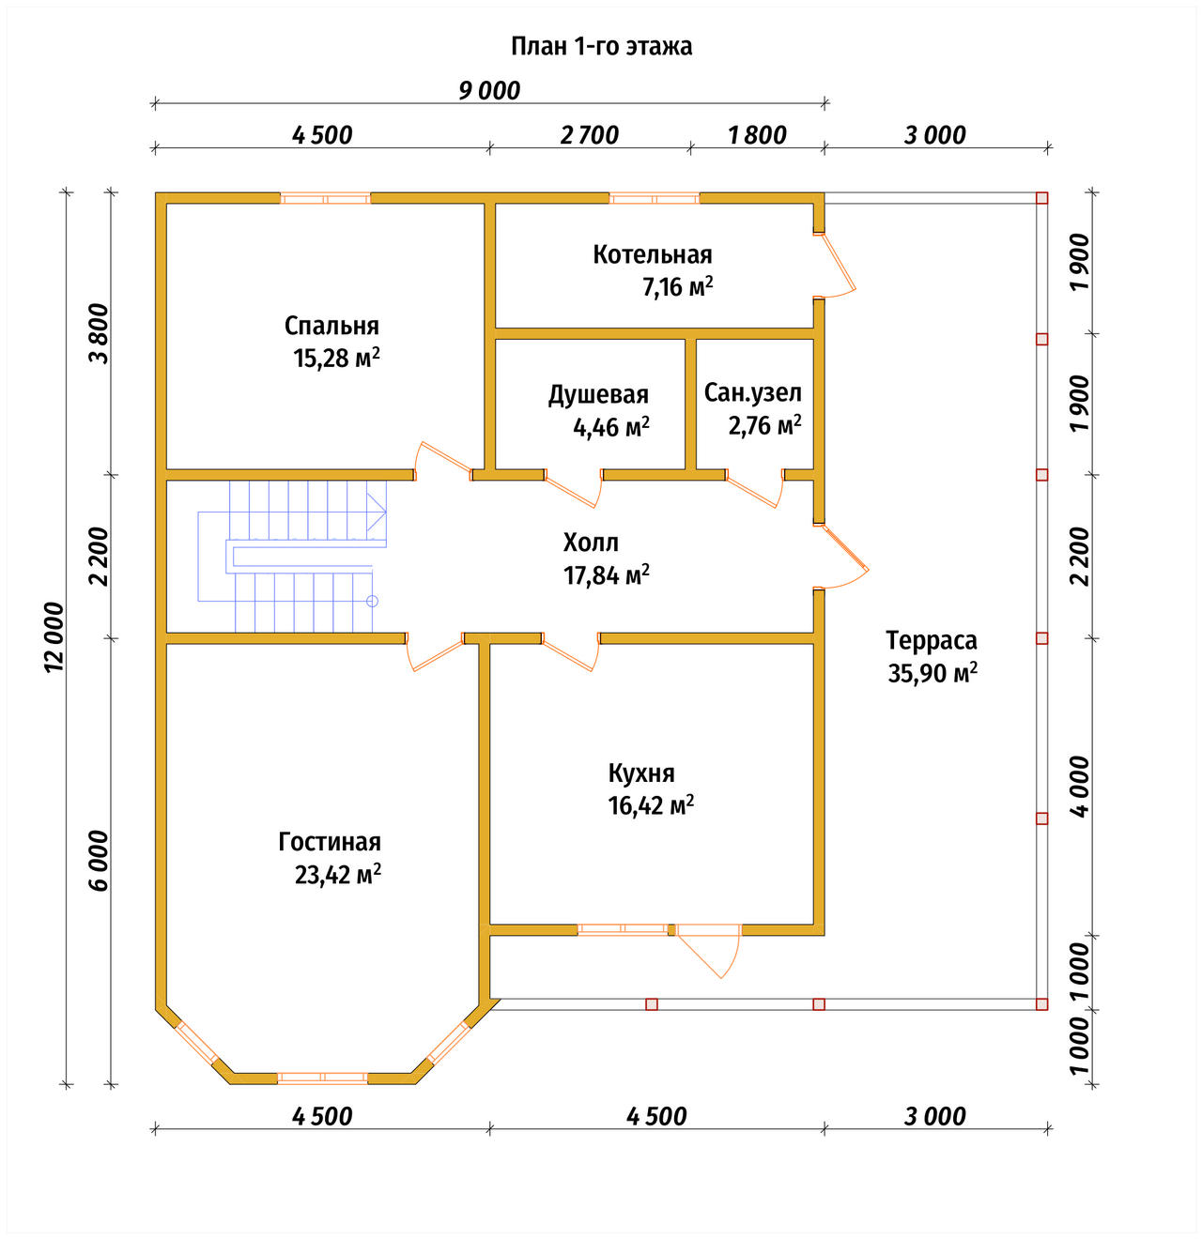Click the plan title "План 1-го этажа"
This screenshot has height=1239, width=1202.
pos(601,47)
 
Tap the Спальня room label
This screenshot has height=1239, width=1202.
pos(331,326)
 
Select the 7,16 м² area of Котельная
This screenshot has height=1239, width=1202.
pos(677,287)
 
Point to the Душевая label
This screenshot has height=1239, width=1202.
pos(598,395)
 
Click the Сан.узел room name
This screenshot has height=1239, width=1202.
pos(752,393)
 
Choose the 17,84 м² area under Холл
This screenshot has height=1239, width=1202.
pos(606,575)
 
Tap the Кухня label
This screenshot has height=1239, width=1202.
pos(640,773)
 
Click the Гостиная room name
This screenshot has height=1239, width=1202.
pos(330,842)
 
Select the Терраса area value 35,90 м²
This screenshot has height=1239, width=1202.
pos(932,673)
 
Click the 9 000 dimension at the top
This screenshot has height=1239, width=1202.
pos(489,91)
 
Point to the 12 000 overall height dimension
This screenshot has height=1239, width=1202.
pos(54,636)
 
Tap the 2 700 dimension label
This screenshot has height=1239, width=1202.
pos(589,135)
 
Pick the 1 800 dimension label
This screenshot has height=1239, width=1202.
pos(757,135)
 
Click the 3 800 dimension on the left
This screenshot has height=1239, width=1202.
pos(100,333)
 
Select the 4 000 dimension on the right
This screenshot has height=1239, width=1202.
pos(1081,787)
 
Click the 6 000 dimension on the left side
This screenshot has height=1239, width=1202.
pos(100,860)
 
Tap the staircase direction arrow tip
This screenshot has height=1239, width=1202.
pos(386,512)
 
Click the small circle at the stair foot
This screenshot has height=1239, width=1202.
pos(373,601)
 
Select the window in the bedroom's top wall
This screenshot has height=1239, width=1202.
pos(326,199)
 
